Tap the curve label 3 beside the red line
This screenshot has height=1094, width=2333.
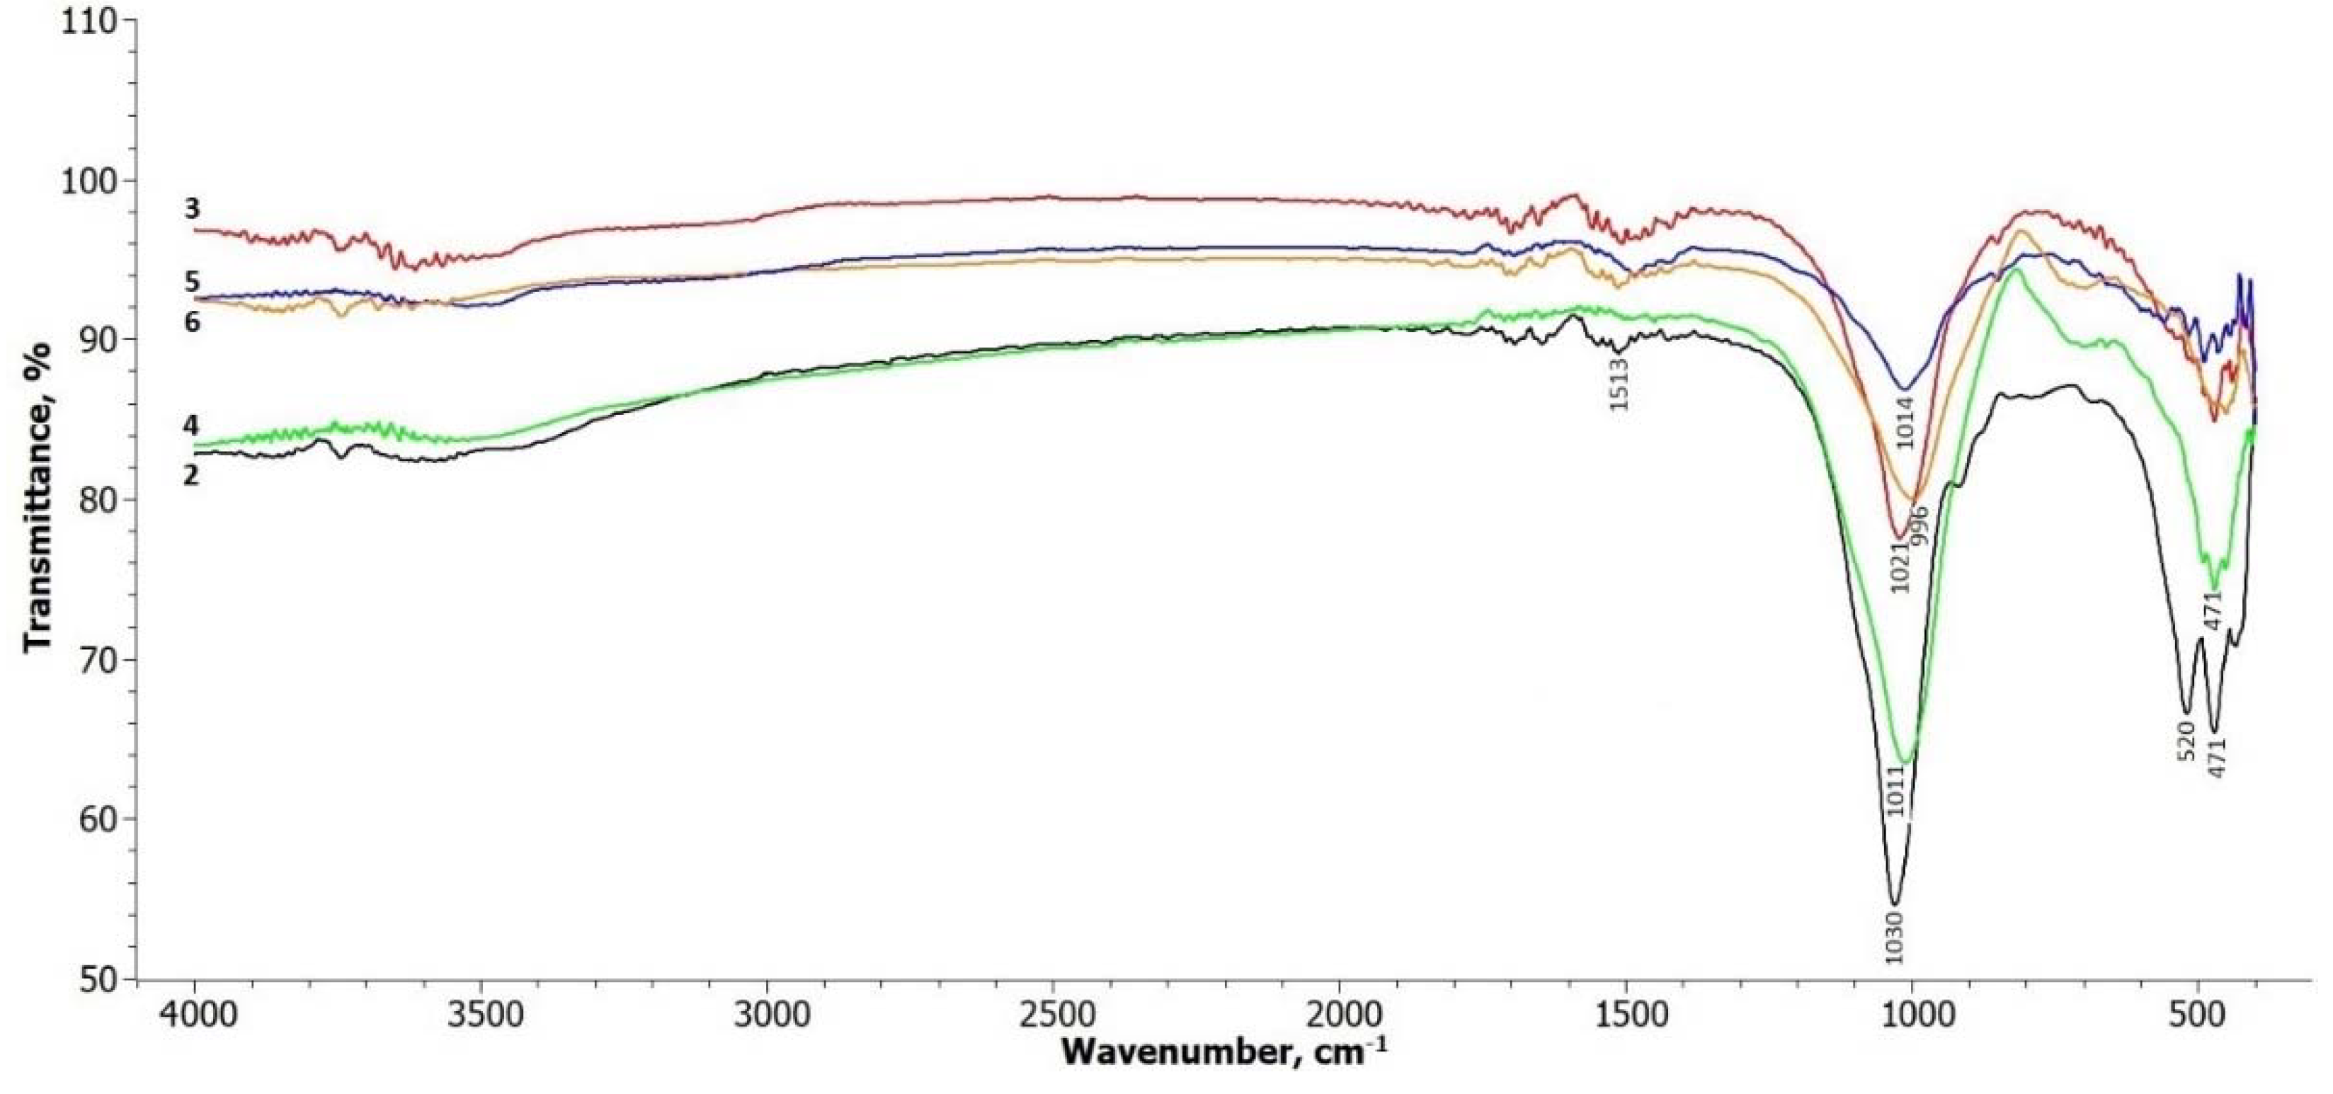(191, 209)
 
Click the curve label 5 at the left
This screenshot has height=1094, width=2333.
(191, 282)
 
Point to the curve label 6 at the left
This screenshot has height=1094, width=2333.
(191, 322)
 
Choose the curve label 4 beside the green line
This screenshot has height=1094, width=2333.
(191, 426)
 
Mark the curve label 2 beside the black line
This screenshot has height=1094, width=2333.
(191, 474)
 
